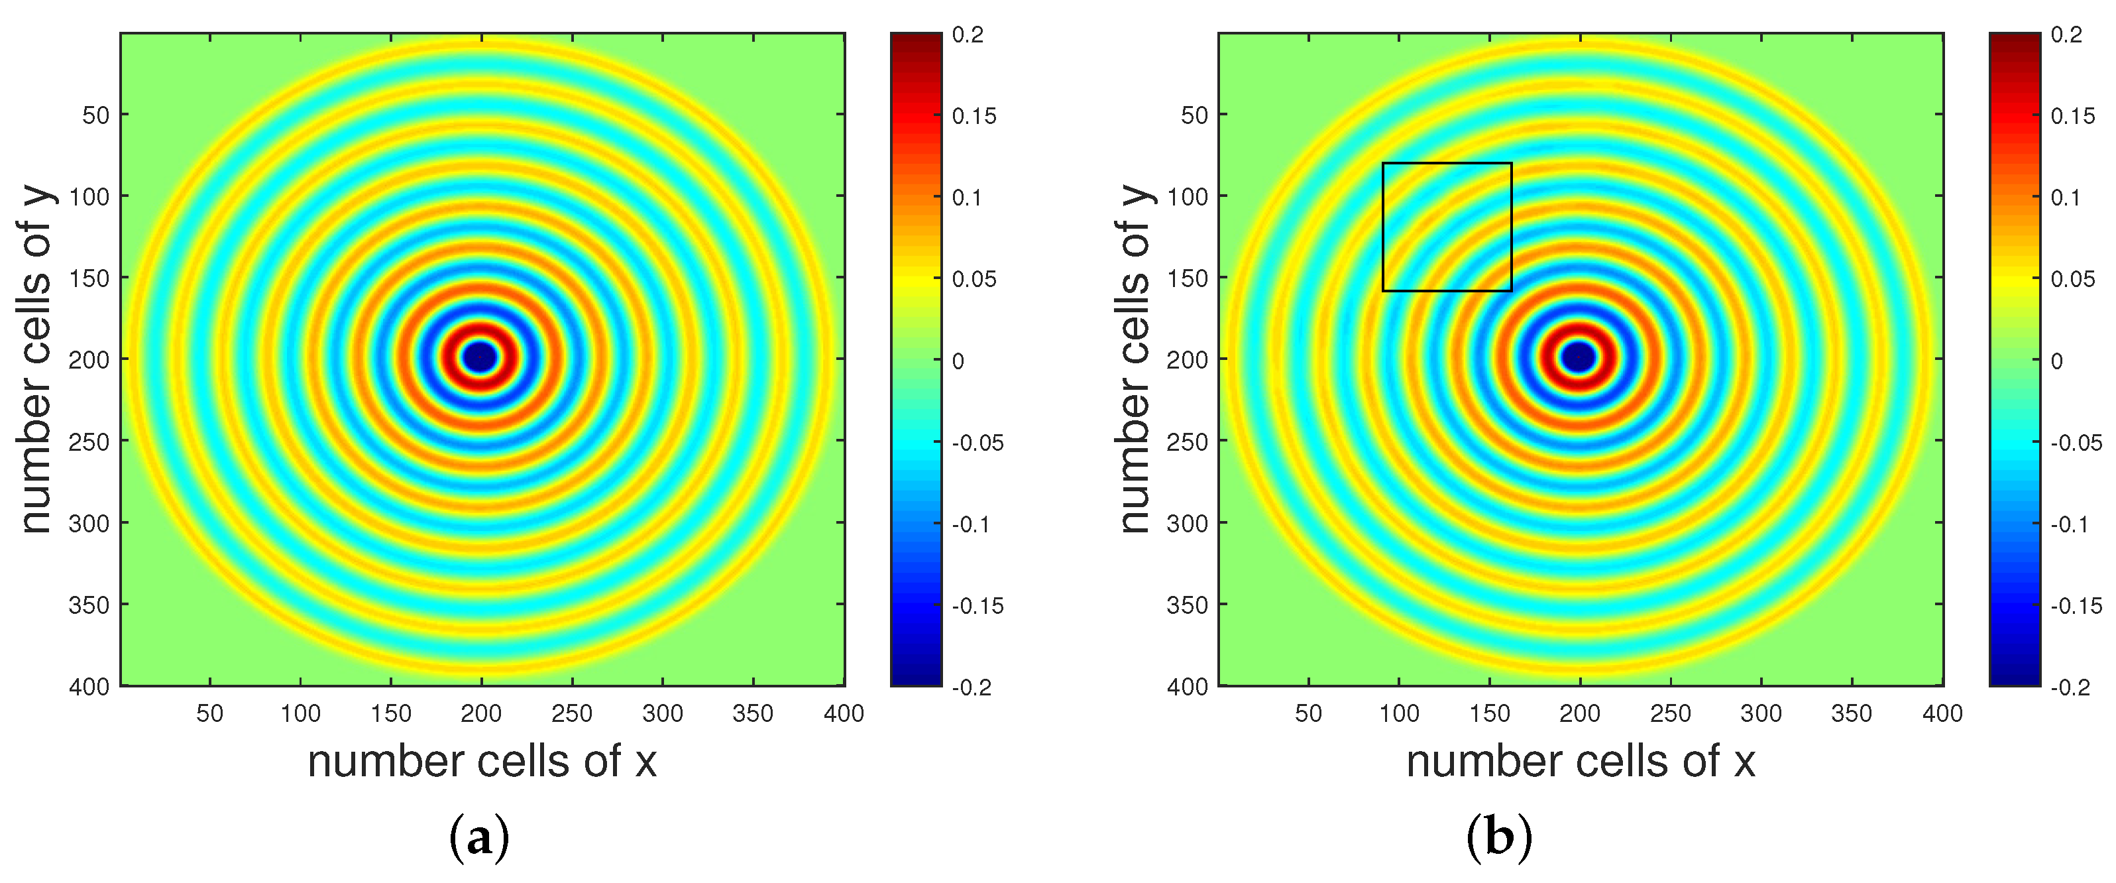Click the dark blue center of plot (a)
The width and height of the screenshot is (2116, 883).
[480, 357]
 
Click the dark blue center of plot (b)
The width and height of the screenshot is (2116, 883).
[1579, 357]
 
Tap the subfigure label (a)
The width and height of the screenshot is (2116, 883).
[480, 838]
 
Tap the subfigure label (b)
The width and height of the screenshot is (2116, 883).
[1499, 838]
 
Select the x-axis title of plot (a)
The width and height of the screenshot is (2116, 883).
[482, 762]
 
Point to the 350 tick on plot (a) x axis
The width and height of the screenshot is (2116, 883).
[752, 713]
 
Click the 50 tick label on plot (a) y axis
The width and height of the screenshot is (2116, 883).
[95, 115]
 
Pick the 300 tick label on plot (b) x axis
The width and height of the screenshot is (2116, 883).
[1760, 713]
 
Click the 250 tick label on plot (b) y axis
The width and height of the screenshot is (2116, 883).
[1187, 442]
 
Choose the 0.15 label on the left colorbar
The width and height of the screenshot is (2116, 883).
[974, 116]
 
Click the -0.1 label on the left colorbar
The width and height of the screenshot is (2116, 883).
[971, 524]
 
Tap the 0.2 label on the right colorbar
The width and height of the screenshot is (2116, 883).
[2067, 34]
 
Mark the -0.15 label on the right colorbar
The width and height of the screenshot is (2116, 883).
[2076, 605]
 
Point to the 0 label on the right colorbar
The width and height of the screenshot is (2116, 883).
[2057, 361]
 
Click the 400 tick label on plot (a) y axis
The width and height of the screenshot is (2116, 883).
[89, 686]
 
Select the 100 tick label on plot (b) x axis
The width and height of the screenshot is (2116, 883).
[1399, 713]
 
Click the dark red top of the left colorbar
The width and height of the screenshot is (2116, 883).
[916, 41]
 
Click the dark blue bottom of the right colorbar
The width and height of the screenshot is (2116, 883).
[2014, 677]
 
